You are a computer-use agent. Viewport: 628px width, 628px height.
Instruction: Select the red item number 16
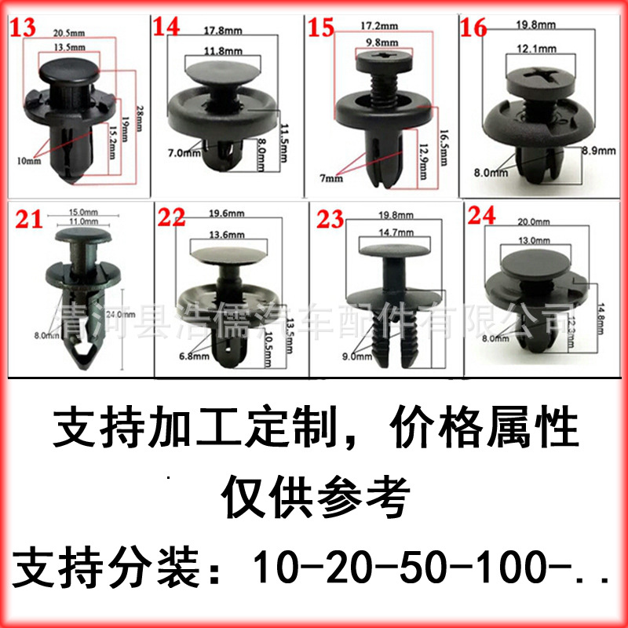[475, 27]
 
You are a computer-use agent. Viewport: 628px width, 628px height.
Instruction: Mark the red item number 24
[481, 215]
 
